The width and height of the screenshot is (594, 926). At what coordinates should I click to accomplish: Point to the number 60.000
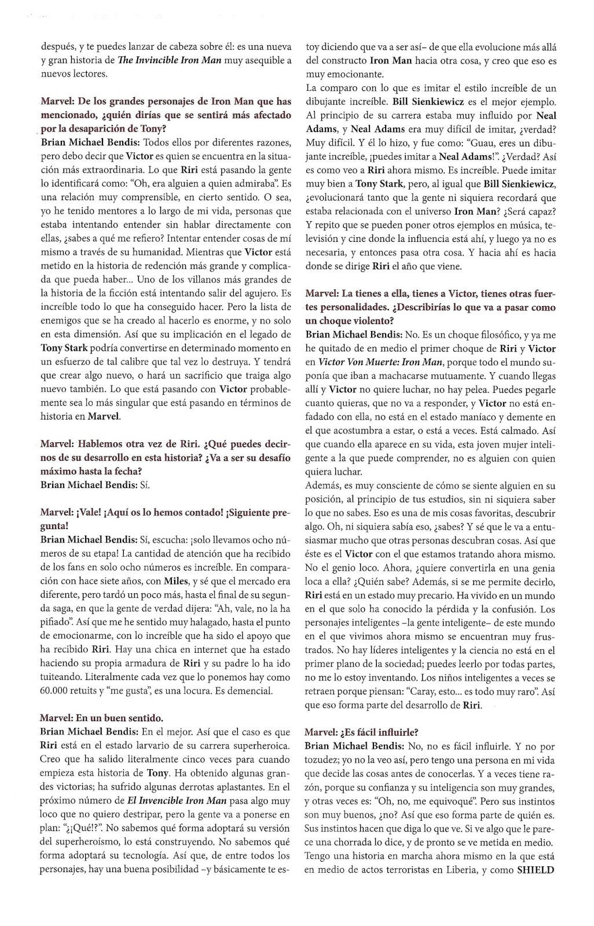pyautogui.click(x=59, y=690)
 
